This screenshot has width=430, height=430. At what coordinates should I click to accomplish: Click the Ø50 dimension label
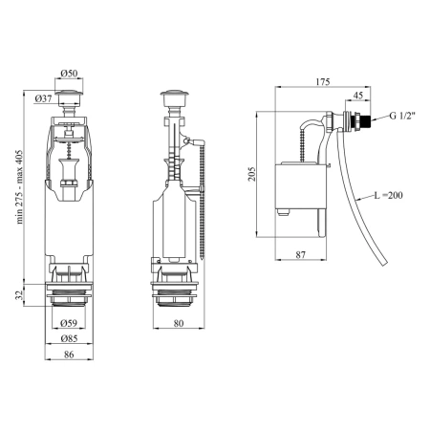[69, 74]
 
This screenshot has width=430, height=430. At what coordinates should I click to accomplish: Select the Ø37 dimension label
[43, 98]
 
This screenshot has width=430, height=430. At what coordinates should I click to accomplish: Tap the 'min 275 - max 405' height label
[20, 187]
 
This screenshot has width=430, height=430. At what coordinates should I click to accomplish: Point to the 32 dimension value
[20, 295]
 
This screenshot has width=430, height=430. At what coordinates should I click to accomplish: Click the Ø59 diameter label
[69, 323]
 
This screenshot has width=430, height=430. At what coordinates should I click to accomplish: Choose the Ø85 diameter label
[69, 338]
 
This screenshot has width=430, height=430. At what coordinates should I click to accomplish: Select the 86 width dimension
[69, 355]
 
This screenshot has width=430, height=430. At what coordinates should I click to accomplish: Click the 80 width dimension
[179, 323]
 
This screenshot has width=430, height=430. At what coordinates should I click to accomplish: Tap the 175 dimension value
[323, 82]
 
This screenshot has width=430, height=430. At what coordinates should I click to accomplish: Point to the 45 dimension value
[358, 96]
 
